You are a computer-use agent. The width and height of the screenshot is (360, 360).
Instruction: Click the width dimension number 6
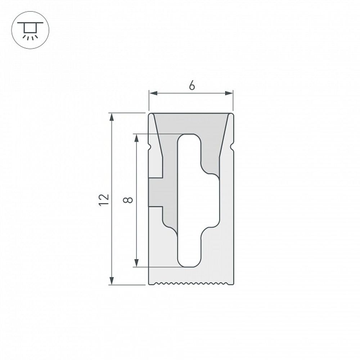coord(192,86)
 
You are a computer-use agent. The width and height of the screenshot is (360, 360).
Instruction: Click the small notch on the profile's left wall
coord(150,147)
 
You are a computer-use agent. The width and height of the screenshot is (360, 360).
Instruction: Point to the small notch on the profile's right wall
coord(233,147)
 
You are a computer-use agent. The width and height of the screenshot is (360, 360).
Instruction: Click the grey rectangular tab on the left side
coord(156,192)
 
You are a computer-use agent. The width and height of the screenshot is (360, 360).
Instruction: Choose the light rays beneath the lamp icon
coord(30,36)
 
